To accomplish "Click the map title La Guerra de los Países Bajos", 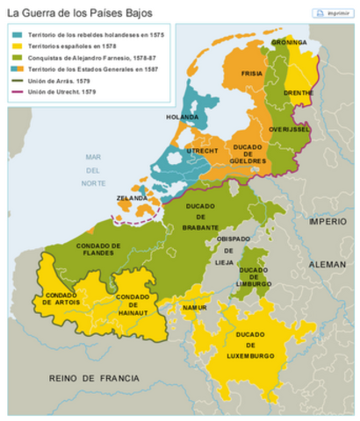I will click(78, 13).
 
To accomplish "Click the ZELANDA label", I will click(131, 199).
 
